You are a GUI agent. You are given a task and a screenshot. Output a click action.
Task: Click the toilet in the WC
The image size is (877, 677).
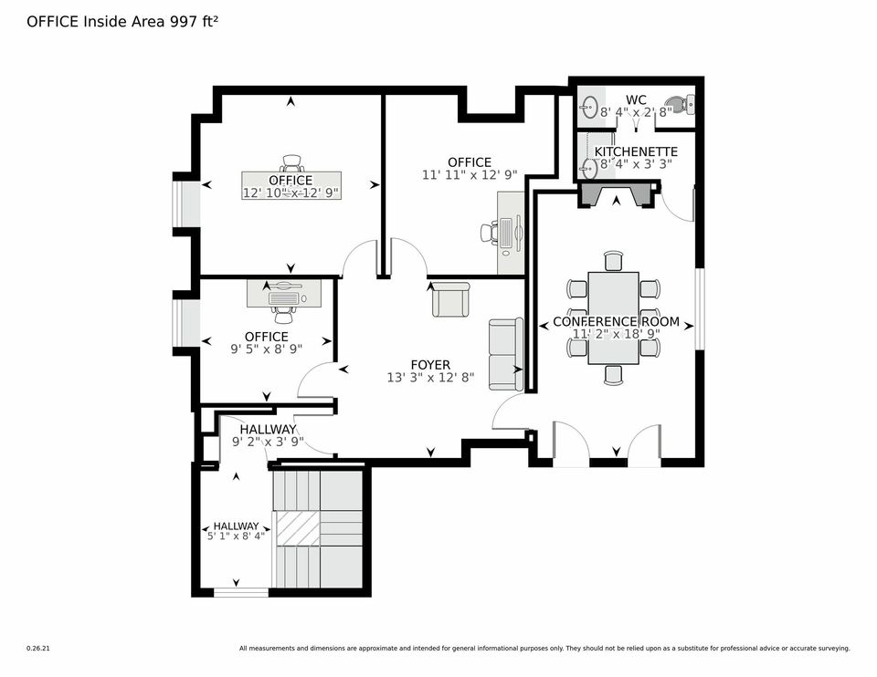pyautogui.click(x=679, y=104)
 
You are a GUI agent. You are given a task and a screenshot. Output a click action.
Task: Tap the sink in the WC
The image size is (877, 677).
pyautogui.click(x=587, y=105)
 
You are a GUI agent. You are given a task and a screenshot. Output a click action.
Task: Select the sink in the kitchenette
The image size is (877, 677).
pyautogui.click(x=587, y=166)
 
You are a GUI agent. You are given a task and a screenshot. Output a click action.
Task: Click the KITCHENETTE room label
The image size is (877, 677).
pyautogui.click(x=636, y=151)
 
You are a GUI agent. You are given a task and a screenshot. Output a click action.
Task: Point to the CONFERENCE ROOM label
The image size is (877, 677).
pyautogui.click(x=617, y=322)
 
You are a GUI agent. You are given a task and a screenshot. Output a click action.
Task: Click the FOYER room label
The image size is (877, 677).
pyautogui.click(x=430, y=365)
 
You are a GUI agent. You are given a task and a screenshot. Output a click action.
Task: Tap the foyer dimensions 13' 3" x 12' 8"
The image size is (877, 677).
pyautogui.click(x=430, y=378)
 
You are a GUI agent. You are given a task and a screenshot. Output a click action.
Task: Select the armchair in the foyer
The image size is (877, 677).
pyautogui.click(x=450, y=299)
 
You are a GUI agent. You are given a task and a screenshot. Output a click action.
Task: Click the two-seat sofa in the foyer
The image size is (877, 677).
pyautogui.click(x=506, y=354)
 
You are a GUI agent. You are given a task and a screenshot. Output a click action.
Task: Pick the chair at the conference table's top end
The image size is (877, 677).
pyautogui.click(x=613, y=262)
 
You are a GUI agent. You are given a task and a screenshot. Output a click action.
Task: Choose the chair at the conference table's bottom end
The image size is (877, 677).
pyautogui.click(x=613, y=374)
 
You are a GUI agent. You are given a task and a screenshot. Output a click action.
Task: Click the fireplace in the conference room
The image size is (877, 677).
pyautogui.click(x=618, y=193)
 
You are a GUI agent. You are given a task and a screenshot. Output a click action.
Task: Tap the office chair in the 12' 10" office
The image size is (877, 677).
pyautogui.click(x=292, y=163)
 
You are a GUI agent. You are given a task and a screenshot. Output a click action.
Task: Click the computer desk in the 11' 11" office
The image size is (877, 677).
pyautogui.click(x=511, y=233)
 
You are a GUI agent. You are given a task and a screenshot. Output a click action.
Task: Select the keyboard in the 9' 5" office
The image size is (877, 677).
pyautogui.click(x=285, y=298)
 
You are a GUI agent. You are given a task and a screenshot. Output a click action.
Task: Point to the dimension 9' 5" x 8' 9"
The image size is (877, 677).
pyautogui.click(x=266, y=349)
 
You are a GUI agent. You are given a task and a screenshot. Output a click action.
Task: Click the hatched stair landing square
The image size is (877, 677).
pyautogui.click(x=298, y=528)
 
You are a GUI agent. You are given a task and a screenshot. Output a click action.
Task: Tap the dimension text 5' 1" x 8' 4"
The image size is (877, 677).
pyautogui.click(x=236, y=536)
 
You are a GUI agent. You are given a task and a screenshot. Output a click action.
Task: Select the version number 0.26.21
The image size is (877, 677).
pyautogui.click(x=38, y=649)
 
